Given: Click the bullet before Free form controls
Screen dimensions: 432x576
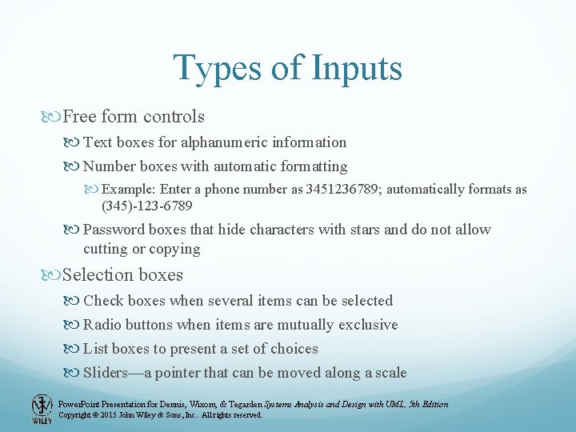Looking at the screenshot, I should point(54,117).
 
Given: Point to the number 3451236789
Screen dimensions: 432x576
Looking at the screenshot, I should point(346,190).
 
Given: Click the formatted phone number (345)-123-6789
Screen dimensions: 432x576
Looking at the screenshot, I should point(147,206).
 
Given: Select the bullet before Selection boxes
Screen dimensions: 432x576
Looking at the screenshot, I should point(54,275).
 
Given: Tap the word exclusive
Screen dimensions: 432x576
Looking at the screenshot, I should point(366,325).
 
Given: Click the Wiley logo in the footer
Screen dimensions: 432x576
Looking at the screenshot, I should point(42,409).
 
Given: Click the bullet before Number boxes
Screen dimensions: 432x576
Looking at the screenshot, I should point(74,167).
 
